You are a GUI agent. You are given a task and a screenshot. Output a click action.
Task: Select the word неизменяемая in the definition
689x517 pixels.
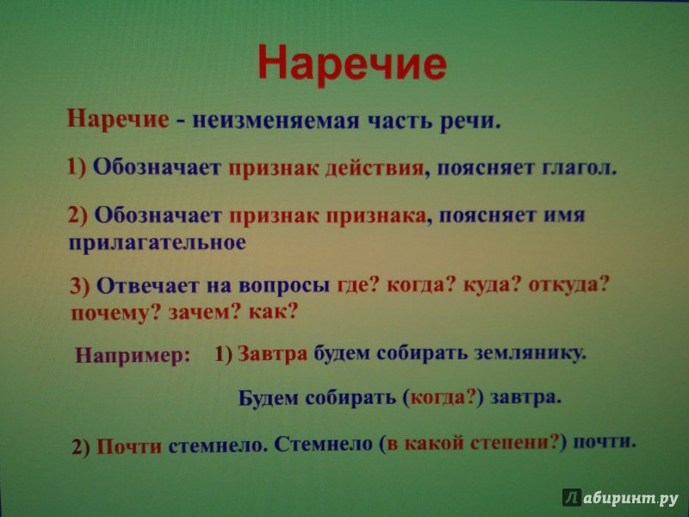point(276,121)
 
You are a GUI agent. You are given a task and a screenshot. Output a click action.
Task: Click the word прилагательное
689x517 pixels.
point(158,243)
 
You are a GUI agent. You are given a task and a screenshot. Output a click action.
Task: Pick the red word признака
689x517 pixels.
point(376,216)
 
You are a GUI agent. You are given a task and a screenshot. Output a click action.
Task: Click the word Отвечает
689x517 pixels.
point(146,286)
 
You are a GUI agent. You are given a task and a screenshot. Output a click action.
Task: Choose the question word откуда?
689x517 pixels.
point(568,285)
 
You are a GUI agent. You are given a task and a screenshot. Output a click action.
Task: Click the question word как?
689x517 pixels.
point(273,312)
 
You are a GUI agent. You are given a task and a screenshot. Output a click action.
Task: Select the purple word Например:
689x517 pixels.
point(133,355)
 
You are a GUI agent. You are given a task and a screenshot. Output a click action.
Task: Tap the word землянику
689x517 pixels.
point(530,353)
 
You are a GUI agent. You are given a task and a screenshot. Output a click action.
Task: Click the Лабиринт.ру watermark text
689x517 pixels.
point(620,497)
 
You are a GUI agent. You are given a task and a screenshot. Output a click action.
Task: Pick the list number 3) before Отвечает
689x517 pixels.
point(79,286)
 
